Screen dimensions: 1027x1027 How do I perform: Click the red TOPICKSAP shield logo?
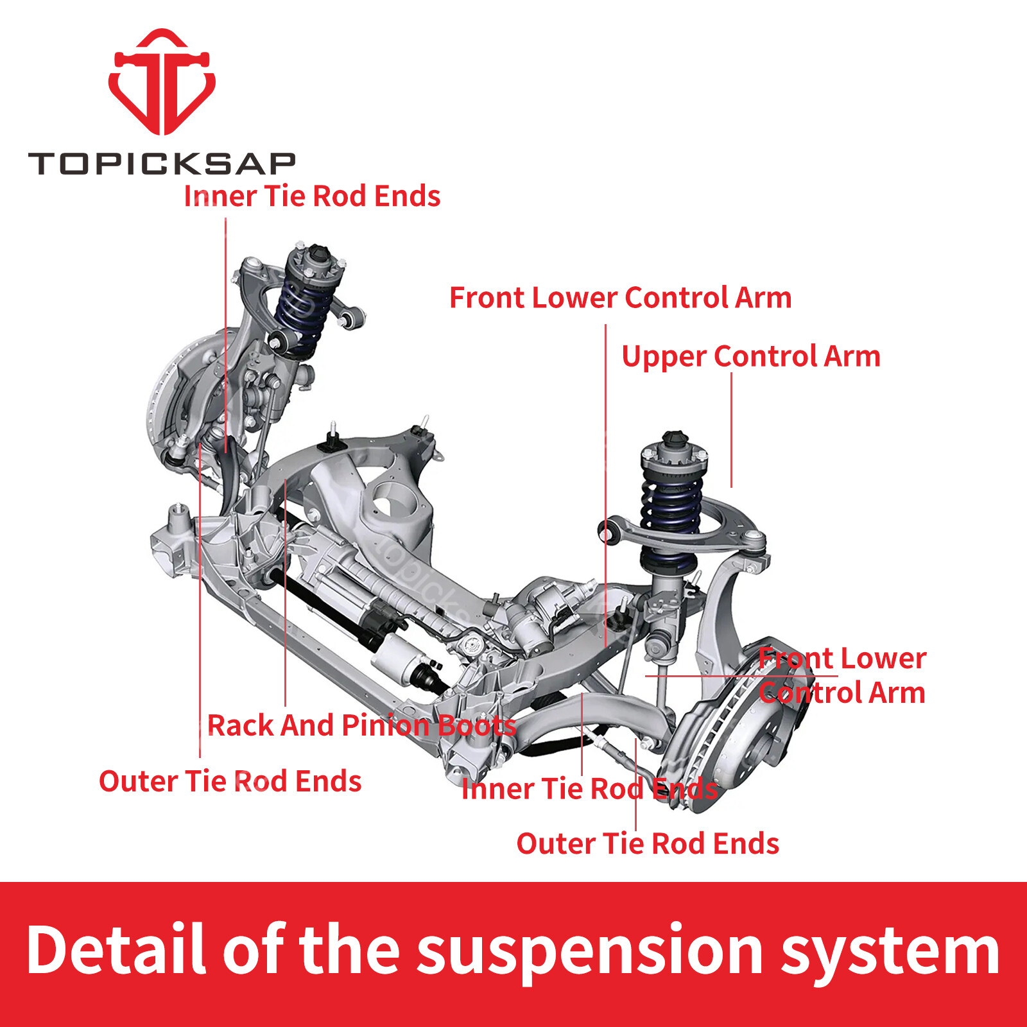pyautogui.click(x=162, y=82)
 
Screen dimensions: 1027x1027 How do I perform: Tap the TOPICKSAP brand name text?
pyautogui.click(x=162, y=164)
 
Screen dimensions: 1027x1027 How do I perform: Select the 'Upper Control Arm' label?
pyautogui.click(x=751, y=357)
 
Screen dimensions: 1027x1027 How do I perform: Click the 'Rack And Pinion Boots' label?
pyautogui.click(x=361, y=725)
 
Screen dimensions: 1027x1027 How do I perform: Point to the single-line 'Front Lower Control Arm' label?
pyautogui.click(x=620, y=298)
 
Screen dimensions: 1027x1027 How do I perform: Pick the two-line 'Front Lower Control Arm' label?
pyautogui.click(x=842, y=675)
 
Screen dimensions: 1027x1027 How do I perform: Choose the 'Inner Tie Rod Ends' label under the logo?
pyautogui.click(x=312, y=196)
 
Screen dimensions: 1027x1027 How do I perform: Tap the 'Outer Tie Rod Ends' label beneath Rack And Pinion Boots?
pyautogui.click(x=230, y=781)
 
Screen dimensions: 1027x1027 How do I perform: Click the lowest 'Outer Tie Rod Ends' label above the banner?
pyautogui.click(x=648, y=843)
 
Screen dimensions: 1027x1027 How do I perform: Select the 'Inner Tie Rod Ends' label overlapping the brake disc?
pyautogui.click(x=589, y=789)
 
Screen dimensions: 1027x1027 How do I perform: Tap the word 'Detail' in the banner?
pyautogui.click(x=116, y=948)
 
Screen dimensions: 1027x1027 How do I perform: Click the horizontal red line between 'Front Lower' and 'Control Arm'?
pyautogui.click(x=741, y=676)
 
